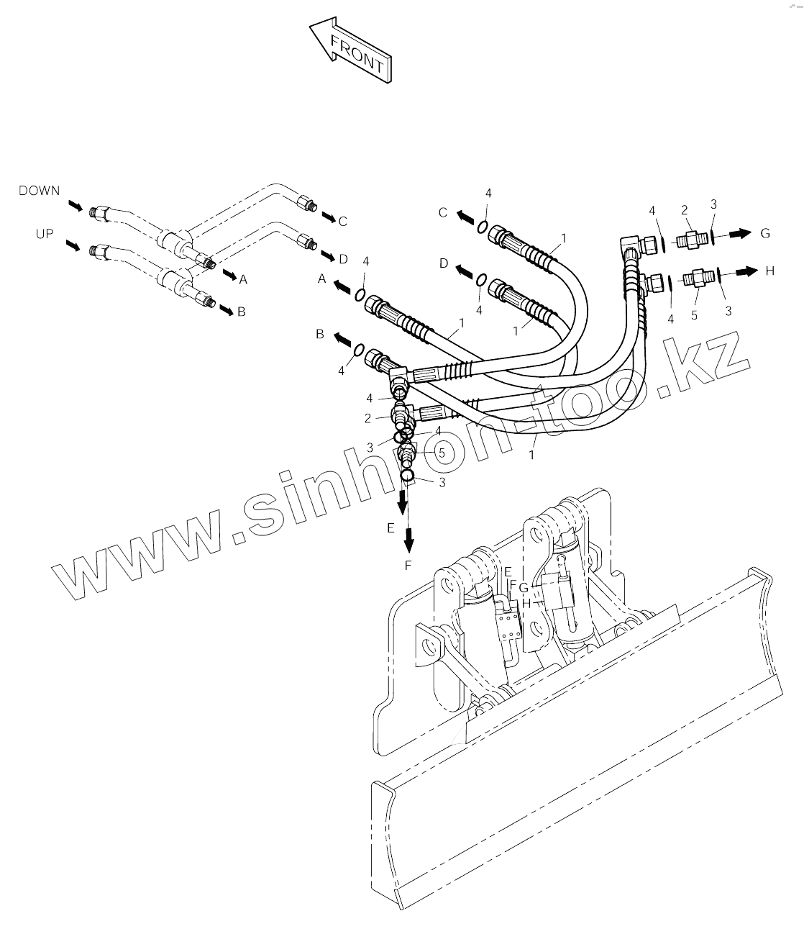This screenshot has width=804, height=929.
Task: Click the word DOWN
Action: point(40,191)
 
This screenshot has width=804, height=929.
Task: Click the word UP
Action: point(44,234)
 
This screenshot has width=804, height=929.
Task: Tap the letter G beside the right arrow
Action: point(765,233)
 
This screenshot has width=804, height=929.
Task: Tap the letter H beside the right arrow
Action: point(769,271)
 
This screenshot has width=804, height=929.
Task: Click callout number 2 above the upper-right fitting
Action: point(685,209)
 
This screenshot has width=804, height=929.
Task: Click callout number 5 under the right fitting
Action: point(694,315)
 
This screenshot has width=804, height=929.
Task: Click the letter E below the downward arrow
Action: point(390,527)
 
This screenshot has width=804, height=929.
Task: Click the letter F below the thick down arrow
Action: point(408,566)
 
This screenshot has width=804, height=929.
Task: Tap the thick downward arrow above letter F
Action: point(409,537)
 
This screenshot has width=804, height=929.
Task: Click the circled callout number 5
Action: point(442,453)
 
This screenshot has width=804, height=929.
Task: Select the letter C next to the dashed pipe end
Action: point(342,221)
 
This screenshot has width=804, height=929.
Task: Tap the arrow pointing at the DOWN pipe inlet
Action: point(75,207)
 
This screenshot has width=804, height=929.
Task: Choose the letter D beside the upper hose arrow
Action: point(444,264)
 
